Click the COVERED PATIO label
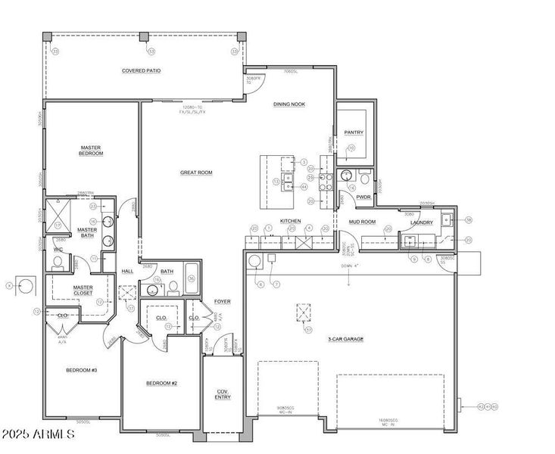pyautogui.click(x=142, y=70)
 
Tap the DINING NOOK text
pyautogui.click(x=289, y=104)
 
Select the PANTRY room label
pyautogui.click(x=354, y=132)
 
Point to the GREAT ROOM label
pyautogui.click(x=196, y=173)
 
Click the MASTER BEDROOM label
pyautogui.click(x=92, y=150)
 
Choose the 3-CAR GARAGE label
pyautogui.click(x=345, y=339)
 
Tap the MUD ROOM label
pyautogui.click(x=362, y=222)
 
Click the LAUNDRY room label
pyautogui.click(x=422, y=222)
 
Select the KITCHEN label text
pyautogui.click(x=291, y=221)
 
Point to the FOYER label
pyautogui.click(x=222, y=301)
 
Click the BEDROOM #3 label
pyautogui.click(x=81, y=370)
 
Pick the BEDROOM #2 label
pyautogui.click(x=161, y=383)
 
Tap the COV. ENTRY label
pyautogui.click(x=223, y=394)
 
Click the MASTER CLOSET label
pyautogui.click(x=83, y=290)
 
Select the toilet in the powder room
pyautogui.click(x=365, y=180)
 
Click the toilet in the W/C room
pyautogui.click(x=58, y=263)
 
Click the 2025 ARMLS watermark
pyautogui.click(x=38, y=434)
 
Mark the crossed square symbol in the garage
pyautogui.click(x=304, y=313)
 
